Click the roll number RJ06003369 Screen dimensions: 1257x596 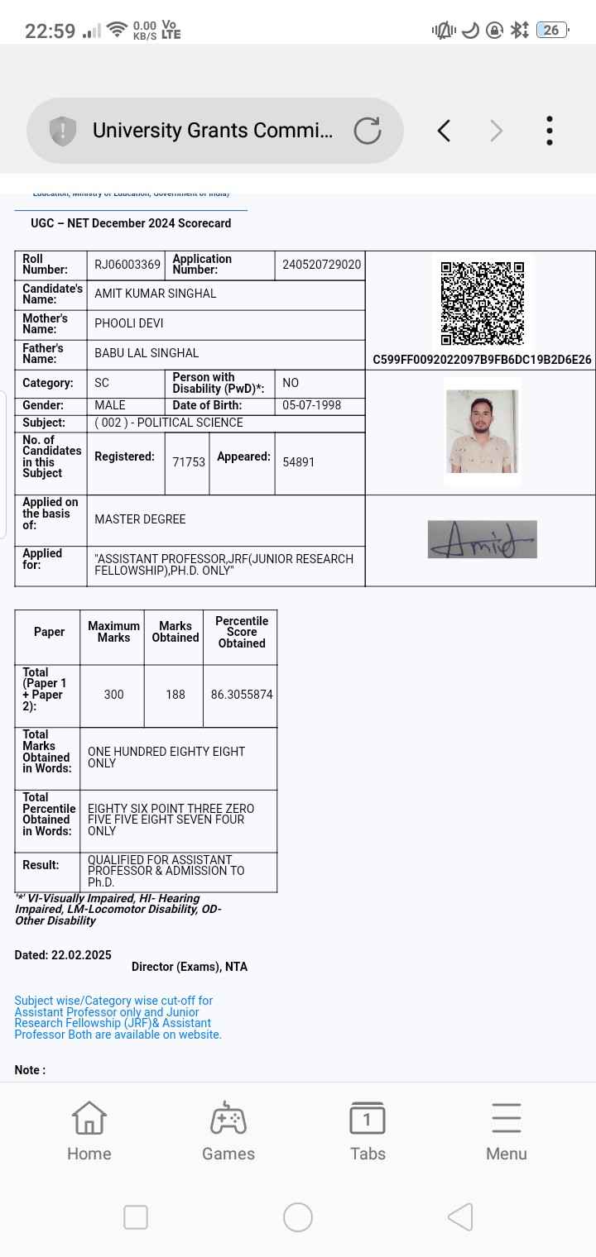point(127,265)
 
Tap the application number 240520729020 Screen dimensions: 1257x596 point(321,265)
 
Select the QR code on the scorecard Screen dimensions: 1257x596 point(482,303)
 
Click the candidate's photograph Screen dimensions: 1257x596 point(482,431)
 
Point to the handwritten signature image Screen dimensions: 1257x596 point(482,539)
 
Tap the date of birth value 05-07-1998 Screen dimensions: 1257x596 point(311,405)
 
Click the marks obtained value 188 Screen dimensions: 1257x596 point(175,695)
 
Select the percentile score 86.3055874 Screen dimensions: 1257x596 point(242,695)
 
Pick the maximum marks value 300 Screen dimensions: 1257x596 point(113,695)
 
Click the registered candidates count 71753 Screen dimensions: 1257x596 point(189,462)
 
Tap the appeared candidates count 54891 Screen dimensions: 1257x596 point(299,462)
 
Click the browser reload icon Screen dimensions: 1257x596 point(368,131)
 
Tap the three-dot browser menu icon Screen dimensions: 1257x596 point(549,131)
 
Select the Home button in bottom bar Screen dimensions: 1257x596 point(89,1130)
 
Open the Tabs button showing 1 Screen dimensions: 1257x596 point(368,1130)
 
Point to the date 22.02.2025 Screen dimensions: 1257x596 point(81,955)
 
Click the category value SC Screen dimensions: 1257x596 point(102,383)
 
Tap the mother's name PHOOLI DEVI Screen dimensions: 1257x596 point(129,323)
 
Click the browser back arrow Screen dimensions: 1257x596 point(444,131)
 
